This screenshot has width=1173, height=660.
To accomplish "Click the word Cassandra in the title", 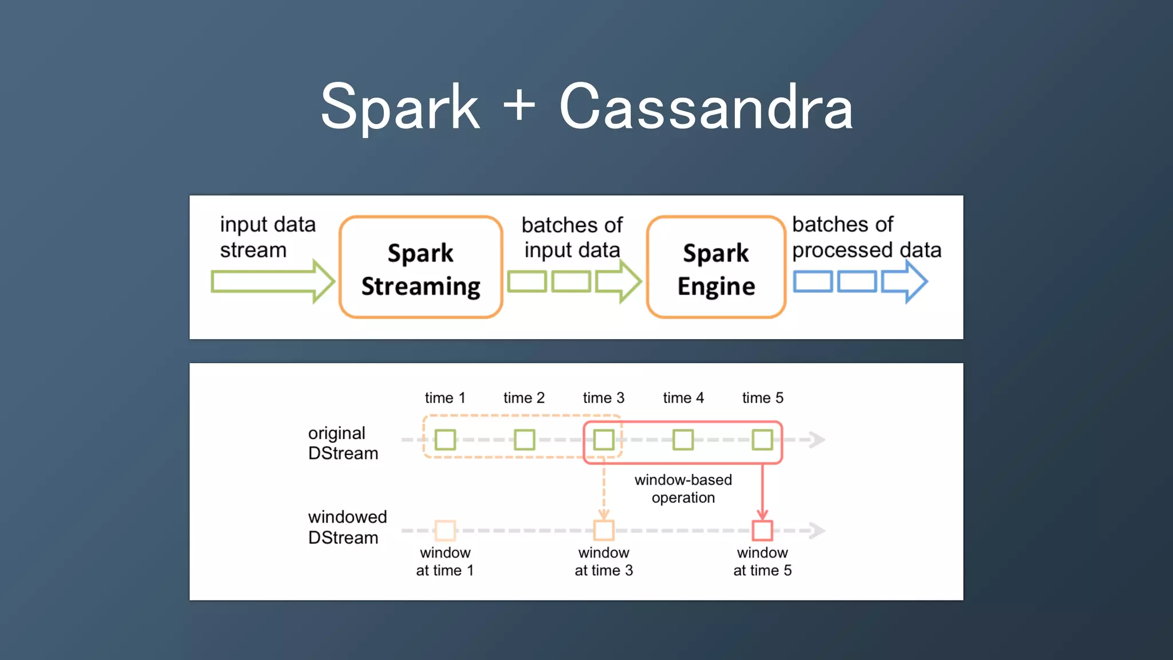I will (706, 108).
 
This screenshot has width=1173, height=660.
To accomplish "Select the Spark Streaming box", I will (421, 268).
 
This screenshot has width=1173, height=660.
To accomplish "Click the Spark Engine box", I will (716, 268).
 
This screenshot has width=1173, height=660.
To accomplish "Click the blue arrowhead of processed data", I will (911, 281).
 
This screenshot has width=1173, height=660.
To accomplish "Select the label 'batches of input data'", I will (572, 237).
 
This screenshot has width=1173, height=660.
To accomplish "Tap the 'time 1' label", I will (445, 398).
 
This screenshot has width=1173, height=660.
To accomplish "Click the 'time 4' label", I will (683, 398).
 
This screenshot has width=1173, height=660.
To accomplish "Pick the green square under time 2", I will (524, 440).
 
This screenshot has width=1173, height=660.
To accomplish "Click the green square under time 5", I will (762, 440).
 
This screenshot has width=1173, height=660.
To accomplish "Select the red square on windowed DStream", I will (762, 531).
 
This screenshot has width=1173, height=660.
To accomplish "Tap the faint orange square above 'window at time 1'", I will (445, 531).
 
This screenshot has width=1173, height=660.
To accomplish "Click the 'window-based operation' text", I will (683, 489).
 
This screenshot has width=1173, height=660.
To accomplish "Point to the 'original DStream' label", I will (343, 443).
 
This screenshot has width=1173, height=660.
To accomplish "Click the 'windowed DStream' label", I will (347, 527).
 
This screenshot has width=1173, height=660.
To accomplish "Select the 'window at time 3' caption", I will (604, 561).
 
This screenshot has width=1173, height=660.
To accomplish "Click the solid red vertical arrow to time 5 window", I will (762, 490).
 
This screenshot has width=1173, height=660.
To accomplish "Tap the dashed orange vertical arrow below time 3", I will (604, 490).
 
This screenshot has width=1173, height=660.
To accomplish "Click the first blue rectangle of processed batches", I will (813, 281).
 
